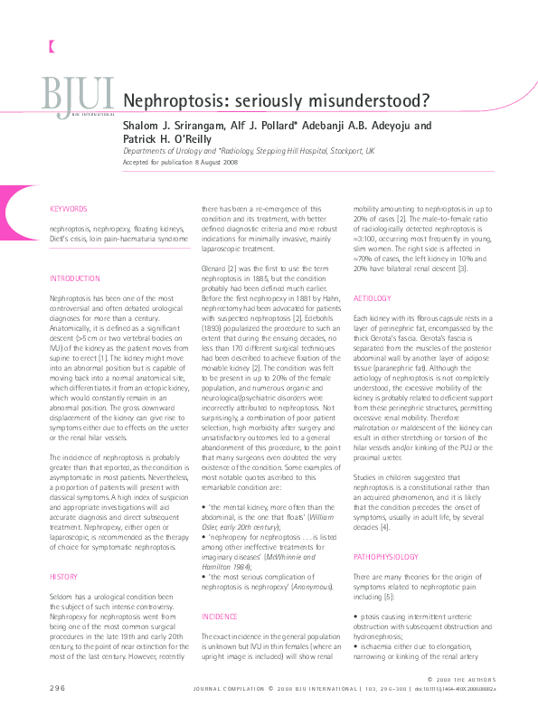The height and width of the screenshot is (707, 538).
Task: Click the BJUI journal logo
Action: (78, 96)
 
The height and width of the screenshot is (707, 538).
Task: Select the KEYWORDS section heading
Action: (70, 209)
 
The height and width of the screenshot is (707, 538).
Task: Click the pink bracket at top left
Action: (52, 43)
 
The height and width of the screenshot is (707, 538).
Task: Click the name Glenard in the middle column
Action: (213, 269)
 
